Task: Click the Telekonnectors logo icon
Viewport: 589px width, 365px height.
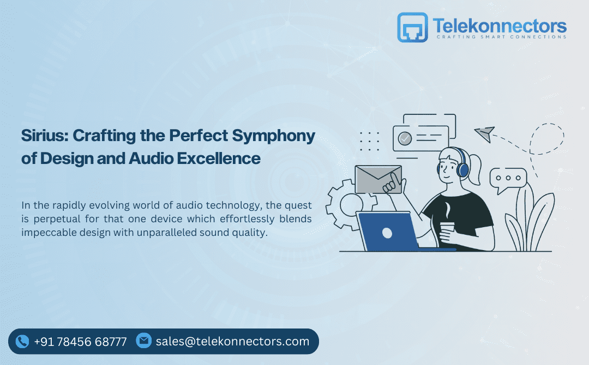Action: point(412,27)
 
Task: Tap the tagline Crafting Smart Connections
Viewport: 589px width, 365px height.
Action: point(502,36)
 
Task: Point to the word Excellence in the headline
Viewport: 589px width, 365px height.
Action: point(219,159)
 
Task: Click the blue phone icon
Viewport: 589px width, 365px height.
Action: point(22,342)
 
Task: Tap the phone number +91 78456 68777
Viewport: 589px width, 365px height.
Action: point(80,342)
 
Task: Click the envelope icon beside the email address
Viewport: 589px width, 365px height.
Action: point(143,340)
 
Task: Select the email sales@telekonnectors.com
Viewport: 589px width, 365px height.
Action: point(232,342)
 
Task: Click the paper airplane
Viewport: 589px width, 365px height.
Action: point(485,133)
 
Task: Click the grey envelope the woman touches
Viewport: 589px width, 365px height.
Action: point(378,180)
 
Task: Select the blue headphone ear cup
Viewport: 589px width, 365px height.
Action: point(464,169)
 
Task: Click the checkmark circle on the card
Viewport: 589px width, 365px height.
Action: point(405,138)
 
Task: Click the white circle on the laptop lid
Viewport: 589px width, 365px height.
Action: point(387,233)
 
